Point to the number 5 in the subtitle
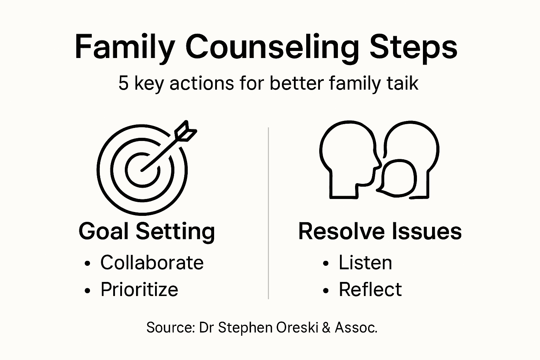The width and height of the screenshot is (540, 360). (123, 83)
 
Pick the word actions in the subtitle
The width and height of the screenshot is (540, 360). (202, 83)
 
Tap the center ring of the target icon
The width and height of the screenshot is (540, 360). (142, 170)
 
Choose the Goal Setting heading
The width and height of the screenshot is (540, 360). (147, 231)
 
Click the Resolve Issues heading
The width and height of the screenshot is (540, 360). (380, 231)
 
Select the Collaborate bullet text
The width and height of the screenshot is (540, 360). (152, 263)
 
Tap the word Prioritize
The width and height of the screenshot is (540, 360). (139, 289)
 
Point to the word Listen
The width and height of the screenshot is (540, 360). (365, 263)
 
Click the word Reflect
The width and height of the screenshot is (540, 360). (370, 289)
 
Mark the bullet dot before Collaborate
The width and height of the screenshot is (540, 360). (88, 264)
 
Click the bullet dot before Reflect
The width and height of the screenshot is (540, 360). (326, 290)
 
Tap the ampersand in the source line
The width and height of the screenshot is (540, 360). (326, 328)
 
